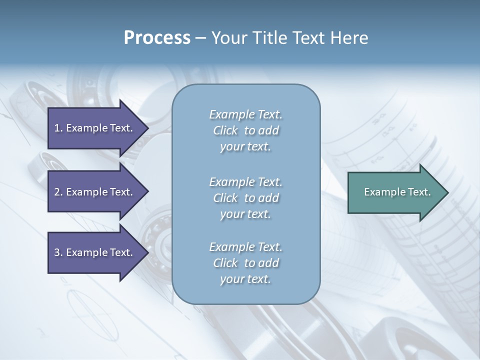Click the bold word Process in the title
pos(157,38)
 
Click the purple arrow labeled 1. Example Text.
pos(95,128)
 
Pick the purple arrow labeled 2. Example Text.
pos(95,192)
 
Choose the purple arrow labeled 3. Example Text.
pos(95,252)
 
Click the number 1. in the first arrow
pos(58,128)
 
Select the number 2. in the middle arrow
pos(58,192)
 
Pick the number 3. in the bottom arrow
pos(58,252)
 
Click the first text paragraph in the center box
pos(245,130)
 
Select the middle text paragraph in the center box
pos(245,198)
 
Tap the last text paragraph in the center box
pos(245,263)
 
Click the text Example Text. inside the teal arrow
pos(397,192)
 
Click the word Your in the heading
pos(228,38)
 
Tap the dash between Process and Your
pos(200,38)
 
